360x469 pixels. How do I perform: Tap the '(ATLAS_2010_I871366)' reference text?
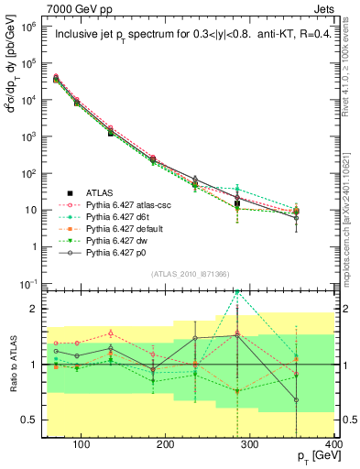[x=190, y=274]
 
